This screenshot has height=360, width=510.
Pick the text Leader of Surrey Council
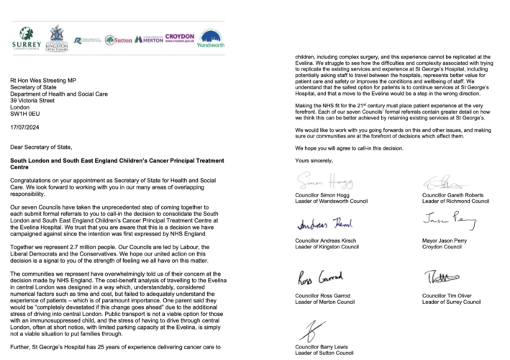[447, 302]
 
